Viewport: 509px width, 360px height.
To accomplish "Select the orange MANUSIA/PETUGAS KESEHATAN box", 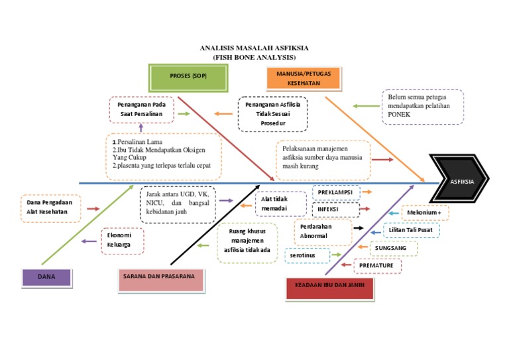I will pos(304,79).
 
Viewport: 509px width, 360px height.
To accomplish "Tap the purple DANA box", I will pos(46,276).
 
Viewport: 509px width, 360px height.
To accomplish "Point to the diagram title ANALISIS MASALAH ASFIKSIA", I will pos(254,48).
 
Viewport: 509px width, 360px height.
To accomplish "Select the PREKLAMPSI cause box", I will pos(335,192).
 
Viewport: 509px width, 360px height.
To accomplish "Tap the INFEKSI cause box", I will pos(335,210).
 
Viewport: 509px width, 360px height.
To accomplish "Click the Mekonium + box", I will pos(425,213).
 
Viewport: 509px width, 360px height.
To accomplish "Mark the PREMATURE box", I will pos(379,265).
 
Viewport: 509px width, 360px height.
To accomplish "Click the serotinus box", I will pos(308,255).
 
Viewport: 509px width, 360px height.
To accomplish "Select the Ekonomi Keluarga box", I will pos(121,240).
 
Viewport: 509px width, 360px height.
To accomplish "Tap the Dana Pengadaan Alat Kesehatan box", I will pos(50,208).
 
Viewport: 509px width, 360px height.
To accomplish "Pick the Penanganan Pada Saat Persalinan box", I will pos(141,110).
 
